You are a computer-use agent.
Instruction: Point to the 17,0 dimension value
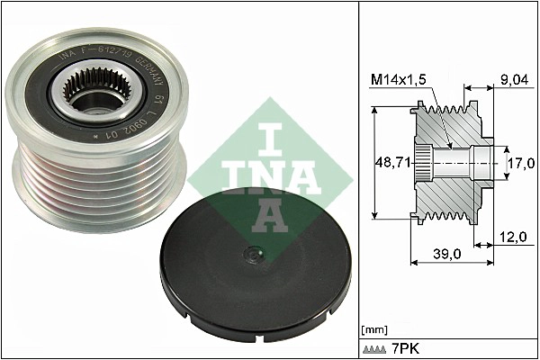click(x=521, y=164)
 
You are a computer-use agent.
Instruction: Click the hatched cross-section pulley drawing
click(x=450, y=162)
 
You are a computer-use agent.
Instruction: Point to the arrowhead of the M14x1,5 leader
click(x=449, y=147)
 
